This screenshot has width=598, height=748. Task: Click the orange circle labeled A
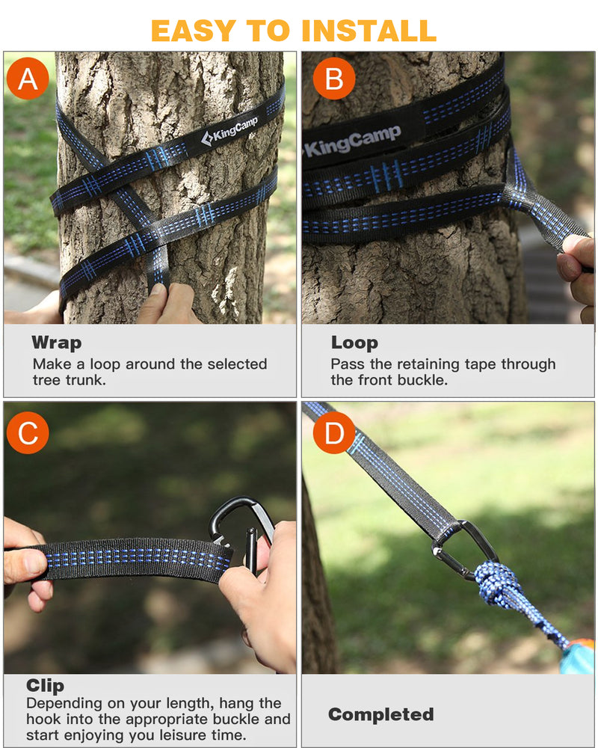point(28,79)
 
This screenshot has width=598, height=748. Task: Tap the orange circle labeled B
point(333,79)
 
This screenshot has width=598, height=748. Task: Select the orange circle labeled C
point(28,433)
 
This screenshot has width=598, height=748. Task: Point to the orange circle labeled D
point(333,433)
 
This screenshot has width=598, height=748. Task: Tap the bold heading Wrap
point(56,343)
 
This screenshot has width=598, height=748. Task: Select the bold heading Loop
point(354,343)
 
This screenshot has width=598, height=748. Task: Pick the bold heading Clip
point(45,685)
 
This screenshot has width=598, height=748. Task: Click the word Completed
point(380,714)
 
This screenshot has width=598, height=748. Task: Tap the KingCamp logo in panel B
point(351,141)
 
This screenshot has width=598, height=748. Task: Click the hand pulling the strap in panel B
point(578,266)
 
